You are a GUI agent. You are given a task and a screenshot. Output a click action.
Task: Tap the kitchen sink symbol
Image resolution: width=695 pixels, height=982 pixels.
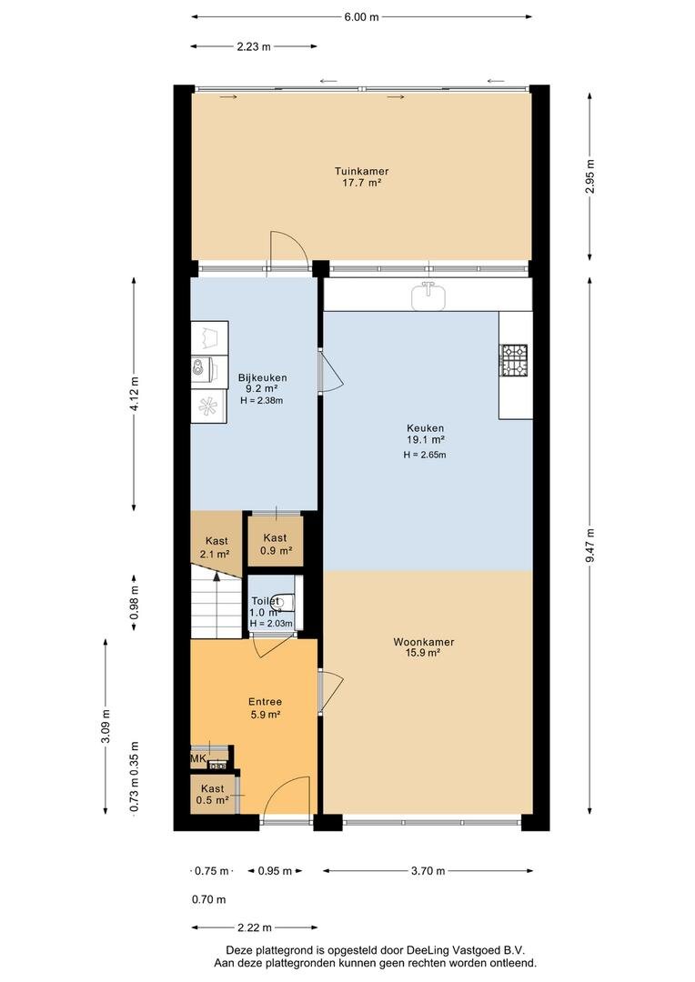(428, 295)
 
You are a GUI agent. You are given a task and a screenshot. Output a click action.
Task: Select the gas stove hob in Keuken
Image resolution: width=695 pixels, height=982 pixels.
(513, 360)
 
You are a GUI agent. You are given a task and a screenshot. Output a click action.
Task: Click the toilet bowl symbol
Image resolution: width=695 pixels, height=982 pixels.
(285, 603)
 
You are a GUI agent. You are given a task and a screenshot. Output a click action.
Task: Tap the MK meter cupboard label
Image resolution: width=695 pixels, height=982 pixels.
(198, 759)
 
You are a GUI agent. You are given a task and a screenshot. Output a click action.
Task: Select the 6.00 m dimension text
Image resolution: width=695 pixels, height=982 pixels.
(362, 17)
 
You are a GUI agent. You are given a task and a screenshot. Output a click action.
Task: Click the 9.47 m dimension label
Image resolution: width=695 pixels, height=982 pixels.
(590, 546)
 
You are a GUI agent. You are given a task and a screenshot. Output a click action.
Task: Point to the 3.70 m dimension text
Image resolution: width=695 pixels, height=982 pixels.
(428, 870)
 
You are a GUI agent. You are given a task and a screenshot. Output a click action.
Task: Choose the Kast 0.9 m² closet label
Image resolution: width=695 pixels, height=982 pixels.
(275, 545)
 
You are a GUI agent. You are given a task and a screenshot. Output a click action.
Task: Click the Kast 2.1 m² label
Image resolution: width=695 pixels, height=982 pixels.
(215, 547)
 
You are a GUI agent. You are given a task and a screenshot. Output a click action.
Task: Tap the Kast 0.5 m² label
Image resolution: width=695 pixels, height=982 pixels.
(212, 794)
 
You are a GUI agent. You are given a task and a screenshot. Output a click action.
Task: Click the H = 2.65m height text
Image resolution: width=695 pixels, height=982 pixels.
(424, 455)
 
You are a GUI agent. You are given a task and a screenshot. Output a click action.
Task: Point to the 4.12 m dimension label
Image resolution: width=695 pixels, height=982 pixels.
(134, 394)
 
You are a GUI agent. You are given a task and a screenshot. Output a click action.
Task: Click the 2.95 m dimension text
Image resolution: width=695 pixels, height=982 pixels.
(590, 176)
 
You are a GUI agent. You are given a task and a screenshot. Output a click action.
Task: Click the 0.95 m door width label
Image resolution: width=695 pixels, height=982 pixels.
(275, 870)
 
